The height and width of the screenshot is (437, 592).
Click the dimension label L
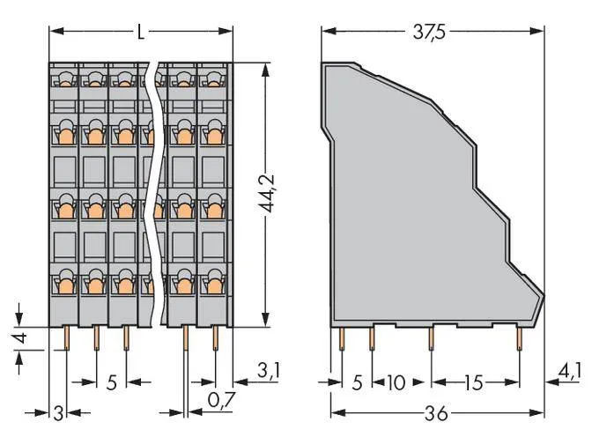tap(140, 32)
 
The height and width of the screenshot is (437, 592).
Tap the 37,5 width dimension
tap(432, 32)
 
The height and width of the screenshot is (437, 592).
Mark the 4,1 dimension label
tap(571, 371)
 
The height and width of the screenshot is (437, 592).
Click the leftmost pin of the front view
tap(66, 337)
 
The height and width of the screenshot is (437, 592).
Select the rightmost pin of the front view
tap(216, 337)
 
